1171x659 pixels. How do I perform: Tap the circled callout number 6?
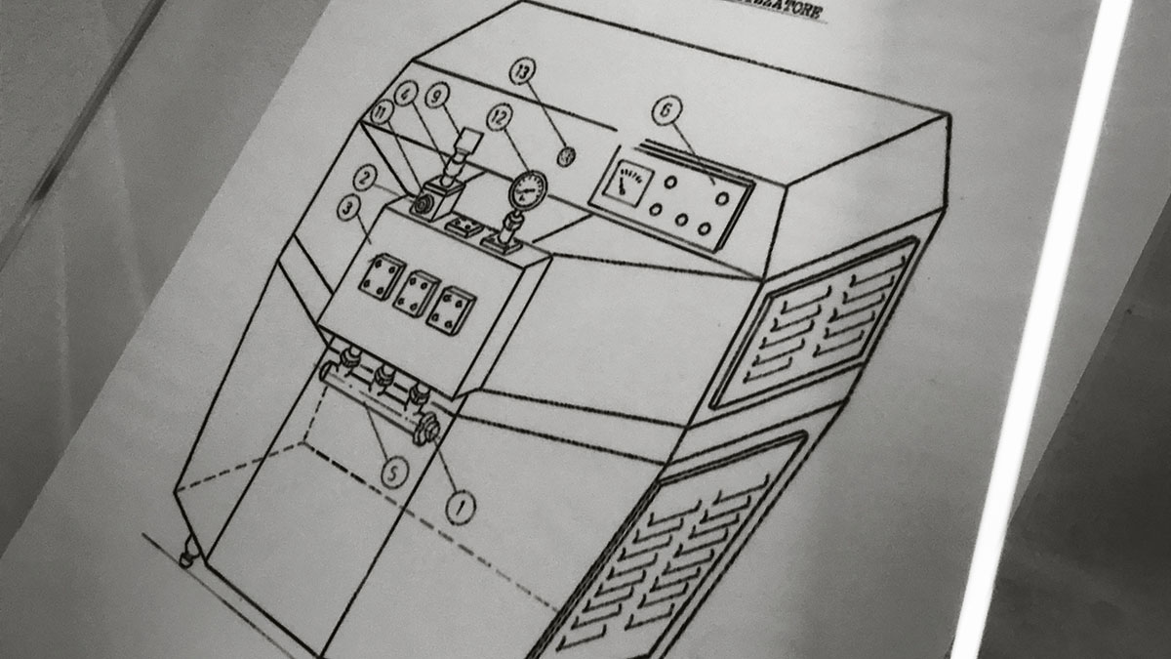click(666, 111)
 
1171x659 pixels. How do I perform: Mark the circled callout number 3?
click(347, 208)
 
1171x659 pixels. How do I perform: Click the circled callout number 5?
click(391, 474)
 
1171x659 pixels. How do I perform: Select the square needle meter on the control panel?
click(623, 183)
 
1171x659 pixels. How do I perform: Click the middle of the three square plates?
click(416, 290)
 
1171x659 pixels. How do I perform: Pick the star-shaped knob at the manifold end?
click(426, 428)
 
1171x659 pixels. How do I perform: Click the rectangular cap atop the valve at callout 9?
click(470, 138)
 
